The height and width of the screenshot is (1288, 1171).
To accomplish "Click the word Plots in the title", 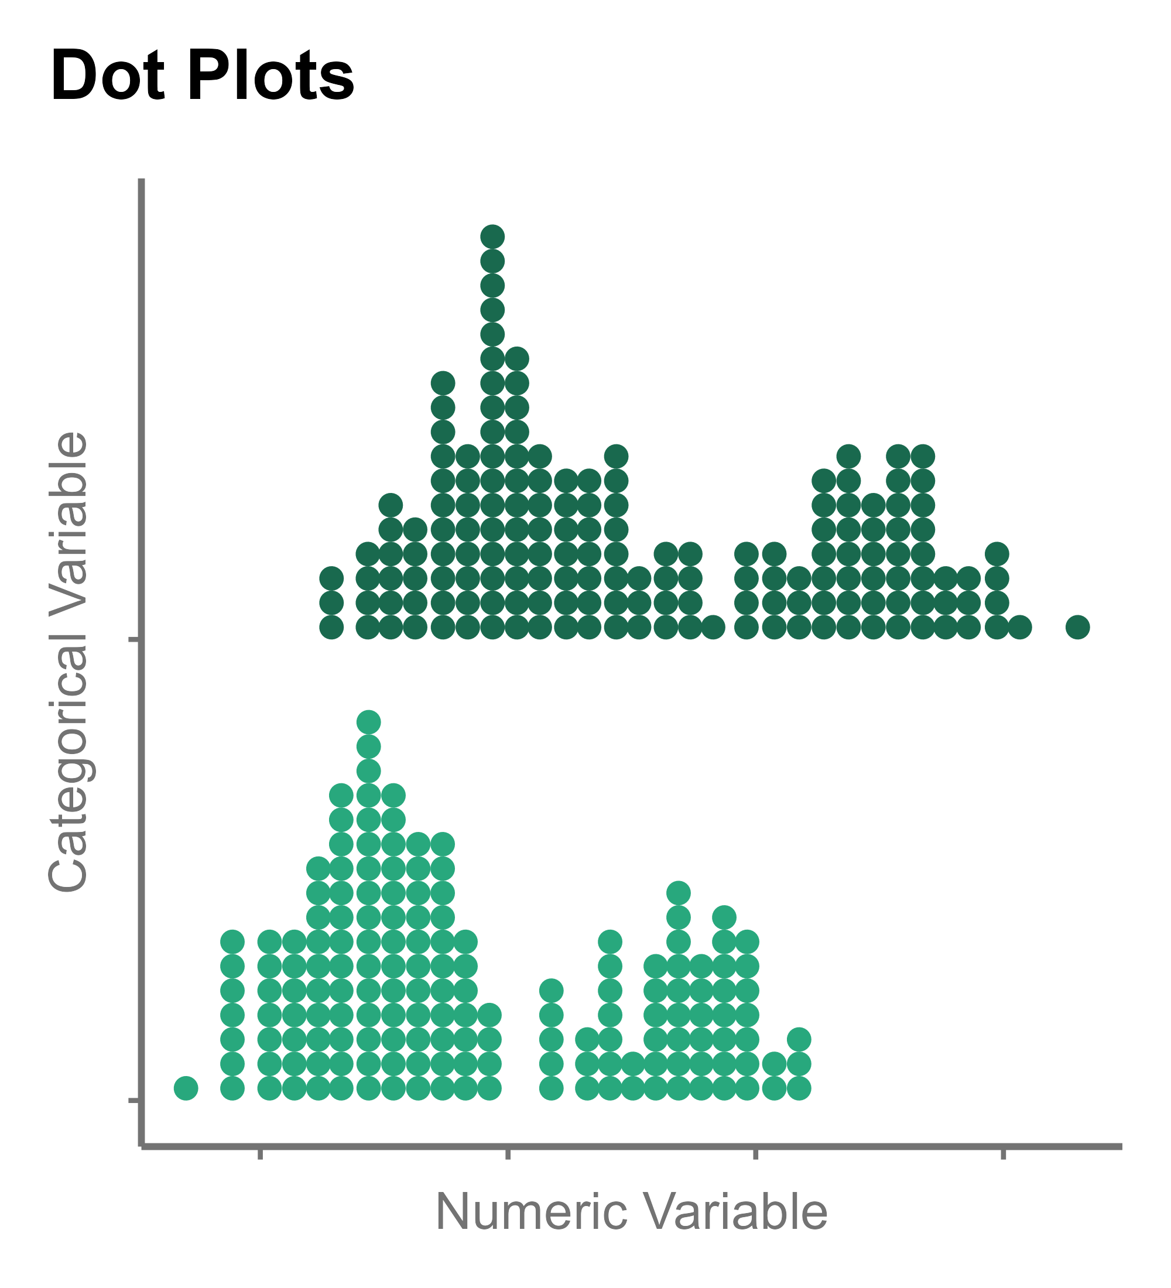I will coord(271,76).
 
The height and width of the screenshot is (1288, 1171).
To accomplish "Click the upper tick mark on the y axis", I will coord(134,638).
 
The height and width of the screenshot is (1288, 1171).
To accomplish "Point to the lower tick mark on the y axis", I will coord(134,1100).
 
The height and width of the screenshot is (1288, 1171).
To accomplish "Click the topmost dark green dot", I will coord(492,237).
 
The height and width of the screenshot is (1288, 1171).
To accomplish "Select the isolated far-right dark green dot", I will coord(1078,627).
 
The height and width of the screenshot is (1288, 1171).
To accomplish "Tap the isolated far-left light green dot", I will coord(186,1087).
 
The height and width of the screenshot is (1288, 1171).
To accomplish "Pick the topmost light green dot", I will coord(369,722).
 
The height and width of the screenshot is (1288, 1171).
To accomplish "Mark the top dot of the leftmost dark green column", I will coord(331,579).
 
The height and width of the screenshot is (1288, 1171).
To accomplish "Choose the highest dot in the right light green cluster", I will coord(679,893).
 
